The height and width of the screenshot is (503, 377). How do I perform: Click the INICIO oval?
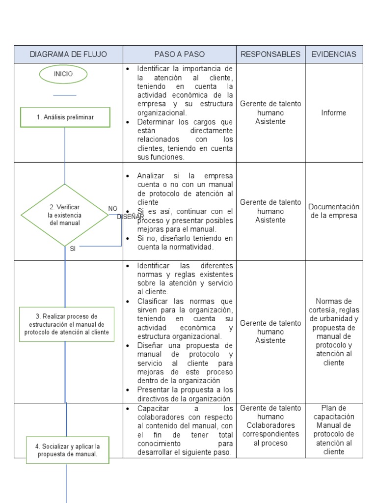click(64, 74)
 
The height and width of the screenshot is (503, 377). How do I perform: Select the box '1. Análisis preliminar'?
click(65, 117)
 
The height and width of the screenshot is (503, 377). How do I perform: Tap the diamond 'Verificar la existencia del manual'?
click(65, 215)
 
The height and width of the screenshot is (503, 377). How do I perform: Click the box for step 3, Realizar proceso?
click(67, 324)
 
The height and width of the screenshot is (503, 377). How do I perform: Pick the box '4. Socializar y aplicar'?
click(67, 450)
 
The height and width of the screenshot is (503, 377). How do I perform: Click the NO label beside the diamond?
click(113, 208)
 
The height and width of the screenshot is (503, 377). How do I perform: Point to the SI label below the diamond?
click(73, 249)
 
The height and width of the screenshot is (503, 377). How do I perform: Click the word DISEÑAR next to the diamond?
click(131, 217)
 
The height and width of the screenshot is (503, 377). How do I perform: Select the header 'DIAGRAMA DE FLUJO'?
click(68, 54)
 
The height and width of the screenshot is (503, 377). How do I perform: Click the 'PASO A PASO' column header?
click(179, 54)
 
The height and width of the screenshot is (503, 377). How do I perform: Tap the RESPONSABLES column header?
click(270, 54)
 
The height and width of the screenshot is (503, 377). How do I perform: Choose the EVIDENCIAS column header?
click(334, 54)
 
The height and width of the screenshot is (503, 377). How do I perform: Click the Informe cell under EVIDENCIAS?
click(334, 112)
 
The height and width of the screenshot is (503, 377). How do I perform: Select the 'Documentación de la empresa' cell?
click(334, 211)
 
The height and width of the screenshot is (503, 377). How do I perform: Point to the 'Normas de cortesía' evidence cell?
click(334, 332)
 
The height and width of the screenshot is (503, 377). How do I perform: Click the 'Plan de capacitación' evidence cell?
click(334, 430)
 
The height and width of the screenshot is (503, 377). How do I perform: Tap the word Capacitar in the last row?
click(153, 409)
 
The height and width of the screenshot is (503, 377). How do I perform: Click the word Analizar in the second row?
click(152, 176)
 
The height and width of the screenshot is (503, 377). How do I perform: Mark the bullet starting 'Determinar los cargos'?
click(185, 140)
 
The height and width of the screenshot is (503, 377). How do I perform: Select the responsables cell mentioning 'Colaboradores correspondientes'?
click(270, 425)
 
